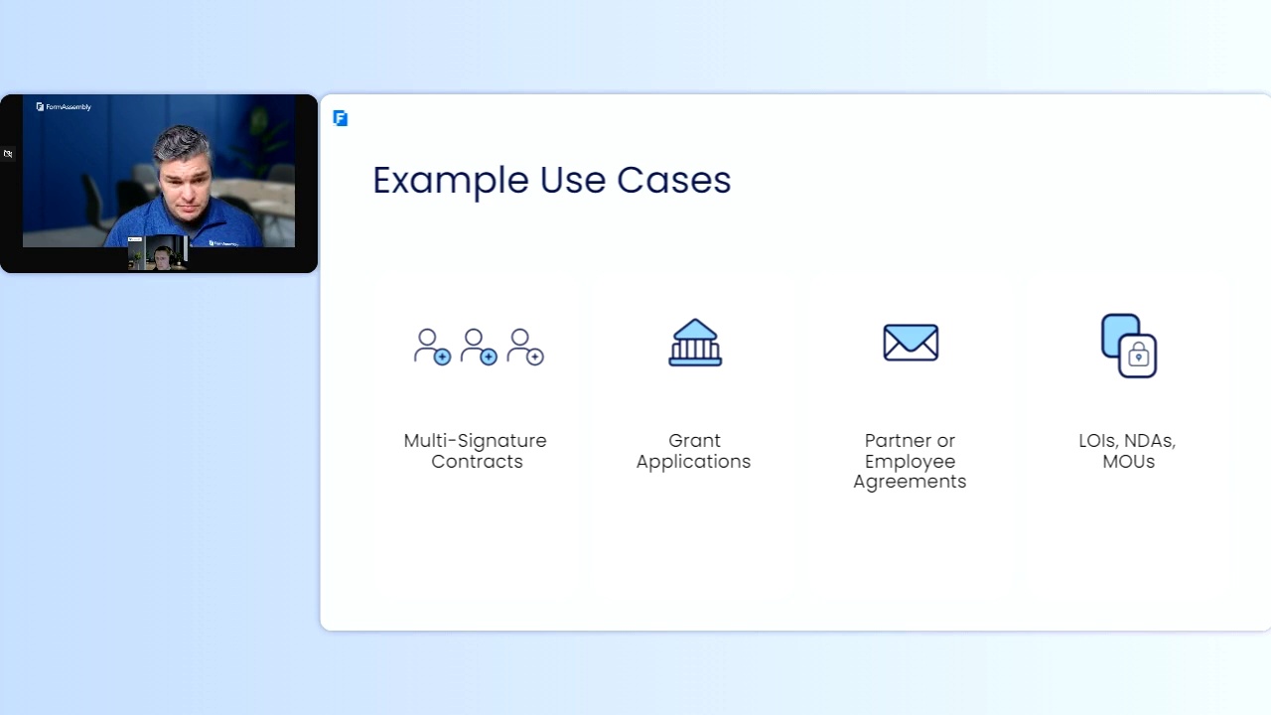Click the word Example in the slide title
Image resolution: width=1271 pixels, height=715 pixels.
click(x=451, y=181)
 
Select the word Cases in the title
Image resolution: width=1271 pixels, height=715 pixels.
click(x=673, y=181)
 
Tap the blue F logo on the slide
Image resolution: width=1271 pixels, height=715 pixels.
click(x=341, y=118)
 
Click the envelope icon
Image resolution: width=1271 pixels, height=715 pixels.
click(x=911, y=343)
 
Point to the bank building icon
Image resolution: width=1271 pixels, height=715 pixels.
click(x=695, y=343)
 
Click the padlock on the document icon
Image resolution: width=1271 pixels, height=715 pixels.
click(x=1138, y=356)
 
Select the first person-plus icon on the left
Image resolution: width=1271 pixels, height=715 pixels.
click(x=432, y=347)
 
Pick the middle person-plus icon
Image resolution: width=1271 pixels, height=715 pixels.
click(x=479, y=347)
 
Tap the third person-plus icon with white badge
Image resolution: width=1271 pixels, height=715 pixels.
click(x=525, y=347)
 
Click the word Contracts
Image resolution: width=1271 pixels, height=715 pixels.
click(x=477, y=462)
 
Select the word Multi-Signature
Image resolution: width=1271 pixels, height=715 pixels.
click(x=475, y=441)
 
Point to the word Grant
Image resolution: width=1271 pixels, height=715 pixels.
click(x=694, y=441)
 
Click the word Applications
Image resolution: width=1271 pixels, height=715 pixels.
click(x=693, y=462)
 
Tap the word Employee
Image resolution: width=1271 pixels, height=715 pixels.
click(x=911, y=462)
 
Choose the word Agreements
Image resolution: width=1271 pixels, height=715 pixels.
click(x=910, y=482)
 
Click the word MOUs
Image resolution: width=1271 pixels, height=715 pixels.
click(x=1129, y=462)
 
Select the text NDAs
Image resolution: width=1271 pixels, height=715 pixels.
click(x=1150, y=441)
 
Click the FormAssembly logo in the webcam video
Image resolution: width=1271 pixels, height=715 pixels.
click(x=64, y=106)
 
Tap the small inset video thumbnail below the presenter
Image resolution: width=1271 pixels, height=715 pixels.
click(x=158, y=253)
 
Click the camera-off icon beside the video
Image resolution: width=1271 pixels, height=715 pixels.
click(x=8, y=153)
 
